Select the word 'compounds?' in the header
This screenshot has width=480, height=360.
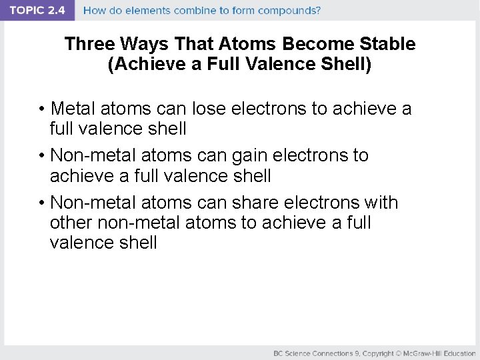point(290,11)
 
